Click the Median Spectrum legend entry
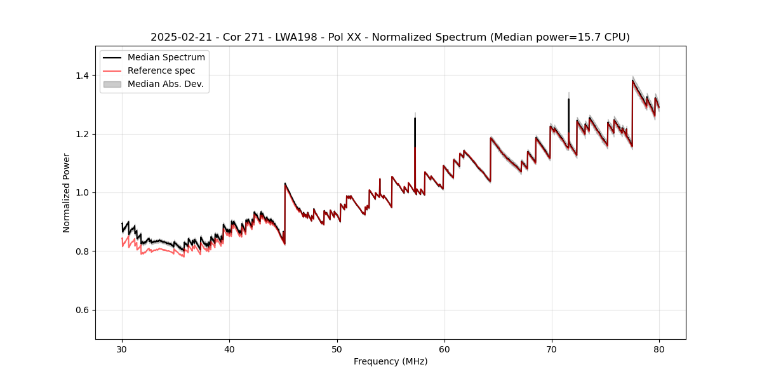pyautogui.click(x=166, y=57)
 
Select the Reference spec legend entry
pyautogui.click(x=161, y=70)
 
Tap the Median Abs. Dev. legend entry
pyautogui.click(x=165, y=84)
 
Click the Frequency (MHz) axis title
pyautogui.click(x=391, y=361)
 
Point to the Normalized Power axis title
pyautogui.click(x=67, y=192)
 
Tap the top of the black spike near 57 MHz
pyautogui.click(x=415, y=118)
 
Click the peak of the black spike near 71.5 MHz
pyautogui.click(x=568, y=99)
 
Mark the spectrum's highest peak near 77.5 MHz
pyautogui.click(x=632, y=80)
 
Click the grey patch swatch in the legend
pyautogui.click(x=112, y=84)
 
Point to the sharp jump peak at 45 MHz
pyautogui.click(x=285, y=184)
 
